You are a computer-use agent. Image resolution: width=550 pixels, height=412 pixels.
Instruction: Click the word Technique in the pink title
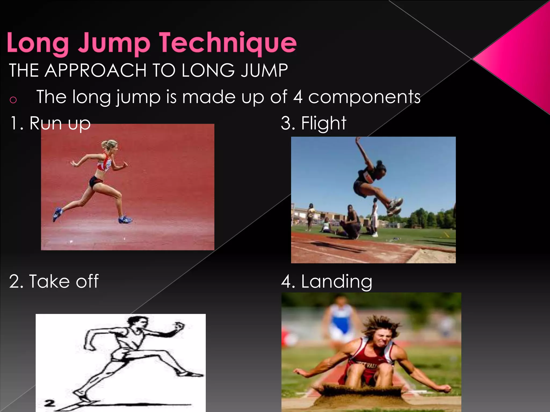[228, 43]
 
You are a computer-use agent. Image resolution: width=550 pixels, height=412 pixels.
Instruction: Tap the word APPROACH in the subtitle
[96, 71]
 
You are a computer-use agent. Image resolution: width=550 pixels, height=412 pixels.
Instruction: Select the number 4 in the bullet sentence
[298, 97]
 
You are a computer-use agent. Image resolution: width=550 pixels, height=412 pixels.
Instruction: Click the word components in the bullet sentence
[364, 97]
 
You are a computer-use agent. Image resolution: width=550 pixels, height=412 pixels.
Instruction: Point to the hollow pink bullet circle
[13, 100]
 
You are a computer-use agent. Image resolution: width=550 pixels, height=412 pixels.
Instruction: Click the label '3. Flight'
[313, 123]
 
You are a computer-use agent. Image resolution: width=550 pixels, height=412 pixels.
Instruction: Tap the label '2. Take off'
[54, 282]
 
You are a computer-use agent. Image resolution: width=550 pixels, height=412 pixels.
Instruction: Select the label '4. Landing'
[327, 282]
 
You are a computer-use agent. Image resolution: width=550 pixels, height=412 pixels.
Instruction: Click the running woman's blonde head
[111, 146]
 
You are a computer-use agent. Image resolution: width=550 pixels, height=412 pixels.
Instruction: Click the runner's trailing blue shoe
[57, 214]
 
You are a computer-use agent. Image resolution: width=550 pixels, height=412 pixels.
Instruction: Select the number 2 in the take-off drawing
[50, 403]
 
